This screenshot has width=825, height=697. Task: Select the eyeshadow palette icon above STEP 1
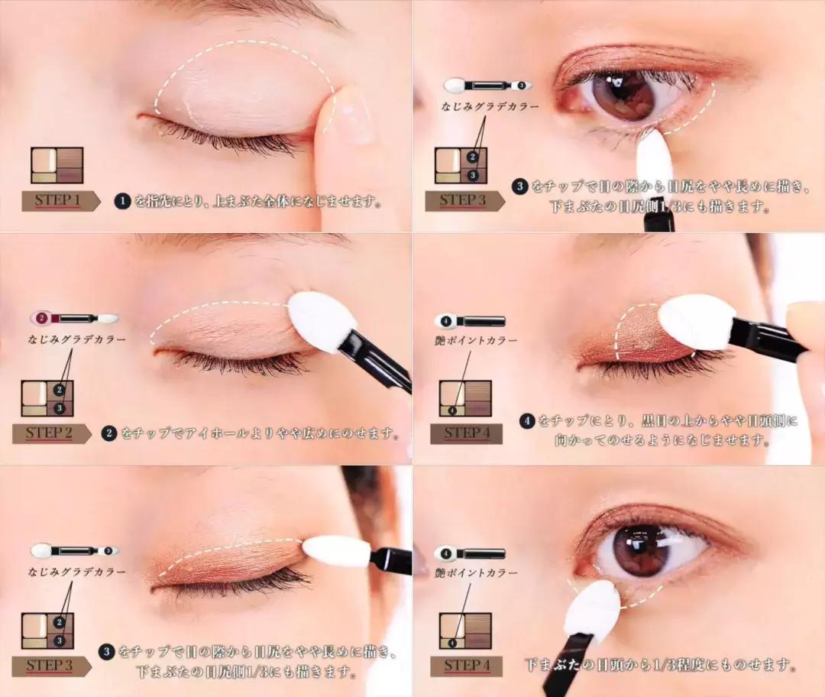pos(57,165)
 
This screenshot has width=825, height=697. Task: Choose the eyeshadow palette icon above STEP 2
pos(47,398)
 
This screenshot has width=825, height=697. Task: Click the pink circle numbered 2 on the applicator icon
pos(41,318)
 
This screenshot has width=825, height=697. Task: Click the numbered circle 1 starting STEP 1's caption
pos(122,200)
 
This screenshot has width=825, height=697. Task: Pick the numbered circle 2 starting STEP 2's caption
pos(108,433)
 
